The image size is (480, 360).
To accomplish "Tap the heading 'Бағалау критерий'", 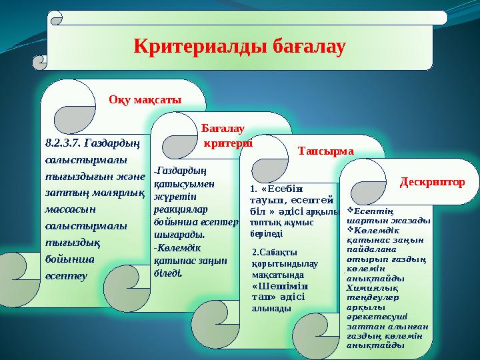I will click(x=223, y=136).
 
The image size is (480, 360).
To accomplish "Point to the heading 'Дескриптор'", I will click(x=432, y=181).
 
